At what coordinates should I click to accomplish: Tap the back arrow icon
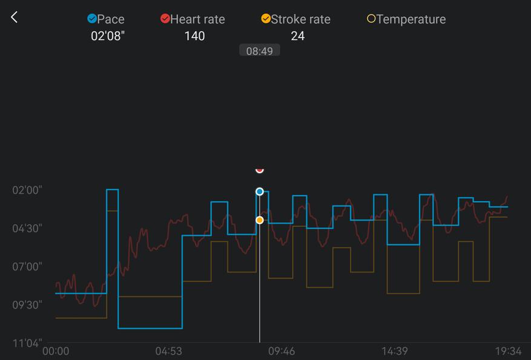(x=15, y=17)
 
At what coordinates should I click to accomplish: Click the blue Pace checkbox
(x=92, y=19)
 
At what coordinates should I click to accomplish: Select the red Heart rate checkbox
(x=165, y=19)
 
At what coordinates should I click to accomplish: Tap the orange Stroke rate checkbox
(x=266, y=19)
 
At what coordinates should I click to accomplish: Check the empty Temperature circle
(x=371, y=19)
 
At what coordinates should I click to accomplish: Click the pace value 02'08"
(x=107, y=36)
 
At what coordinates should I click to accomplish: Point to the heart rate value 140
(x=194, y=36)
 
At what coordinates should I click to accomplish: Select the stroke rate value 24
(x=297, y=36)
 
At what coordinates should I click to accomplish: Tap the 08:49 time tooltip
(x=259, y=51)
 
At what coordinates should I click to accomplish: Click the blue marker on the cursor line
(x=260, y=192)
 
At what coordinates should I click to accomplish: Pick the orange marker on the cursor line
(x=260, y=220)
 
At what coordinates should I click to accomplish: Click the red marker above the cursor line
(x=260, y=170)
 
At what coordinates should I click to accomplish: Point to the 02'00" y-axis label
(x=27, y=190)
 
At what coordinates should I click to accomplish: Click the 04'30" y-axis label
(x=27, y=228)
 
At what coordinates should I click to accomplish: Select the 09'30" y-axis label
(x=27, y=305)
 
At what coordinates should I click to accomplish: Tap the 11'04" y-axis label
(x=27, y=343)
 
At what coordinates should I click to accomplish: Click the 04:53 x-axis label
(x=168, y=351)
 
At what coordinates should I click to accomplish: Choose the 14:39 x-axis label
(x=394, y=351)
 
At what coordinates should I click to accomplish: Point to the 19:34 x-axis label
(x=507, y=351)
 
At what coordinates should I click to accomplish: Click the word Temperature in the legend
(x=411, y=19)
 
